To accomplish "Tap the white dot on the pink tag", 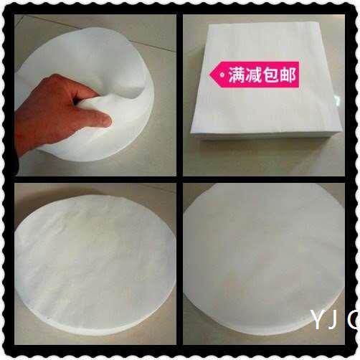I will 222,74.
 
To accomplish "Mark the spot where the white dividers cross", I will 179,179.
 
